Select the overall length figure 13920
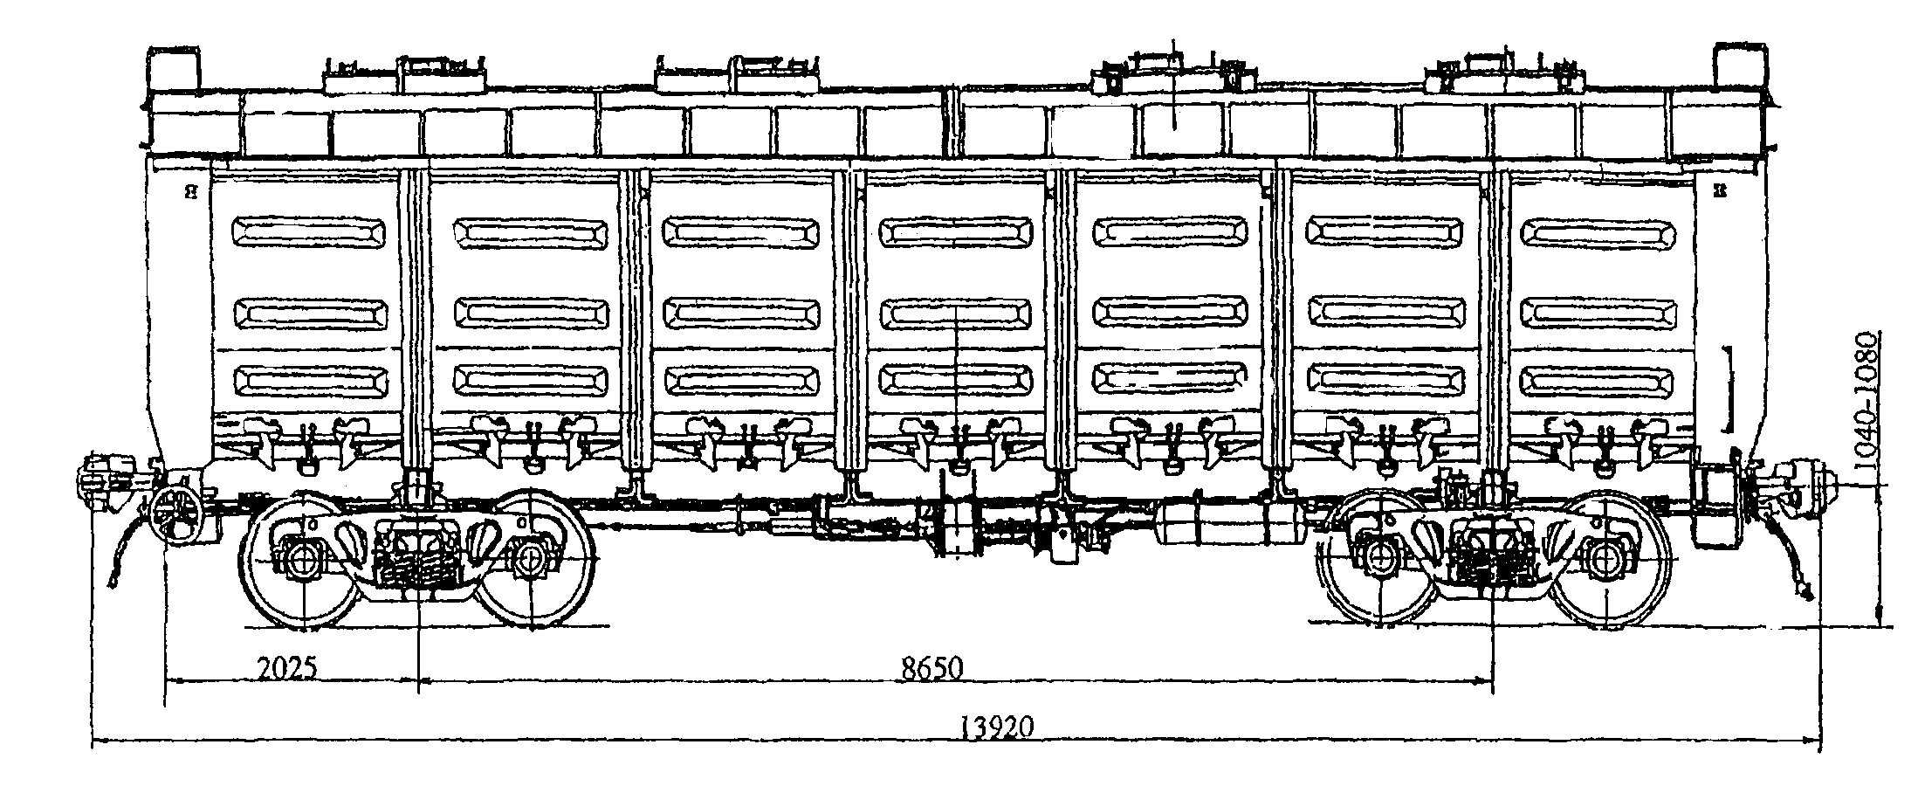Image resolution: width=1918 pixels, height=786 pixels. click(997, 727)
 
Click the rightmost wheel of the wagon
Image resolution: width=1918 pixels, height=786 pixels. click(1608, 559)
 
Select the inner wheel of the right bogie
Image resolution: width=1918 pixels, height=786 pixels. click(1379, 559)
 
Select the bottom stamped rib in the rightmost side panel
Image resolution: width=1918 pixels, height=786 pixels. click(1598, 381)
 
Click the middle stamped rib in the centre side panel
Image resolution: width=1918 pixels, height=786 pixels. click(955, 313)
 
